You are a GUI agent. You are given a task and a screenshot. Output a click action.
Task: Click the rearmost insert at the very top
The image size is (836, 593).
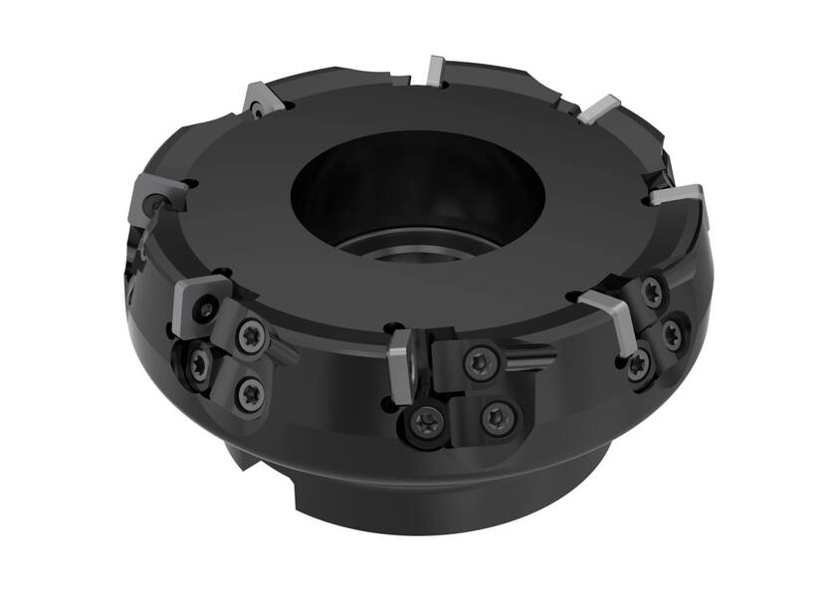(x=434, y=71)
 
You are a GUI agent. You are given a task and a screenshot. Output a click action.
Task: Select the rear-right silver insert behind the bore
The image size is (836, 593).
(x=600, y=107)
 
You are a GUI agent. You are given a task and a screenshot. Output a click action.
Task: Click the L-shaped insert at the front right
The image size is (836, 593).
(x=609, y=313)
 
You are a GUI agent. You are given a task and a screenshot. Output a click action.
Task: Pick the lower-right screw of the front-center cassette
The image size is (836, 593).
(x=495, y=415)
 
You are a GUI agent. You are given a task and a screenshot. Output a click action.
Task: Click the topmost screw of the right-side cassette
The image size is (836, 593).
(x=653, y=292)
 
